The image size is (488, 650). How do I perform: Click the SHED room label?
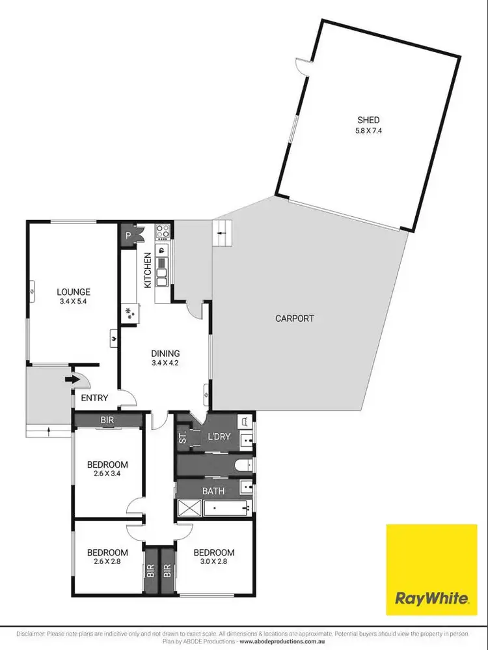tap(368, 120)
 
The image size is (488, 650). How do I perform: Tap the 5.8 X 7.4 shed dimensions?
tap(368, 130)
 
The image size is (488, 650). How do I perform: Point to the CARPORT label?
tap(294, 318)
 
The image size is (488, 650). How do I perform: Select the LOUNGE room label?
tap(73, 292)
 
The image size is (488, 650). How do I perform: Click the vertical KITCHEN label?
tap(148, 270)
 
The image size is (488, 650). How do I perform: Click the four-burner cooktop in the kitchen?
tap(163, 231)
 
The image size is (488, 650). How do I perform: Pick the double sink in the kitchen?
tap(163, 265)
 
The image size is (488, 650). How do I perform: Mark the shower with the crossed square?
tap(188, 508)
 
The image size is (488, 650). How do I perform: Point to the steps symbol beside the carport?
tap(223, 233)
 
